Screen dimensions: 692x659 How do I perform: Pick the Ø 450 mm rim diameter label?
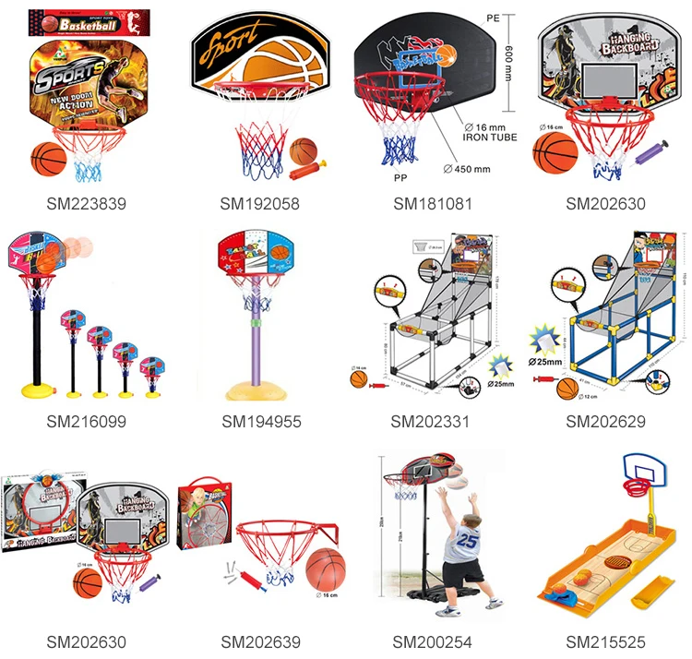[x=469, y=168]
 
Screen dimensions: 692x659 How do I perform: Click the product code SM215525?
[x=605, y=642]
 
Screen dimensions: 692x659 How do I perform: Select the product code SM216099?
[x=86, y=422]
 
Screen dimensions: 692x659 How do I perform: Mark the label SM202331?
[x=431, y=422]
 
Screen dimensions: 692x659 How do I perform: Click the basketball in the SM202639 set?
[x=322, y=569]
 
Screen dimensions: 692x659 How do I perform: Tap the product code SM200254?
[x=431, y=642]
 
